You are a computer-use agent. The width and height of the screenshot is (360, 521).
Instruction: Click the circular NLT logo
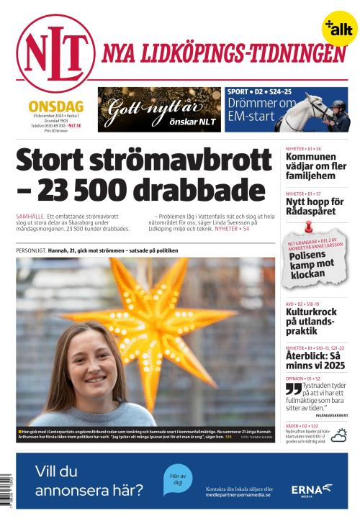(55, 51)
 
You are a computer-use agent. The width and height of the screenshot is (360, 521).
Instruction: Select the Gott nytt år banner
(159, 109)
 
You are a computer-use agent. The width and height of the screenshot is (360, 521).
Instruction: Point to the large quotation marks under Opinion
(294, 389)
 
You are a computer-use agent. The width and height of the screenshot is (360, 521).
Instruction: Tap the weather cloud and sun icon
(338, 433)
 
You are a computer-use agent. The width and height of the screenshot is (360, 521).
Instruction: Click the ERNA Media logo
(312, 489)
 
